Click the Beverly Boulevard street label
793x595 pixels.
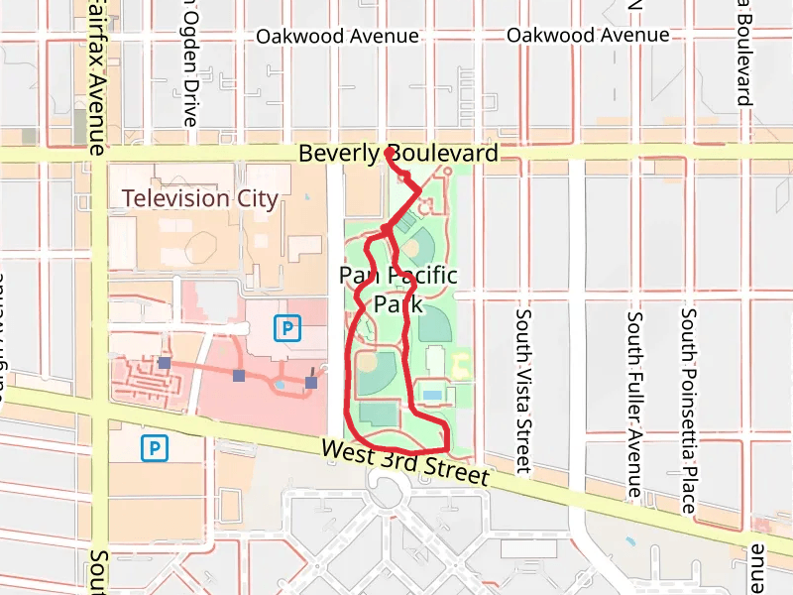pyautogui.click(x=397, y=154)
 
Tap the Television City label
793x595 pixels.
pyautogui.click(x=200, y=198)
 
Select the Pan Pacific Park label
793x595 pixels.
pyautogui.click(x=398, y=289)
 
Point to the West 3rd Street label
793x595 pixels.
pyautogui.click(x=405, y=462)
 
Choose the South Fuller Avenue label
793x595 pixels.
pyautogui.click(x=634, y=405)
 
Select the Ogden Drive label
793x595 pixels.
pyautogui.click(x=189, y=61)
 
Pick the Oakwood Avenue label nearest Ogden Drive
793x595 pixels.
pyautogui.click(x=337, y=36)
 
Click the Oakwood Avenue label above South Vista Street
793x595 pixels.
pyautogui.click(x=588, y=36)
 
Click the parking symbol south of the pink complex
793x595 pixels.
pyautogui.click(x=154, y=449)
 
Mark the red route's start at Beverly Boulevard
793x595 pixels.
pyautogui.click(x=387, y=152)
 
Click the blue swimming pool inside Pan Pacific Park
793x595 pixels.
pyautogui.click(x=432, y=395)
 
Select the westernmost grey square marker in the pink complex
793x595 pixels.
pyautogui.click(x=164, y=364)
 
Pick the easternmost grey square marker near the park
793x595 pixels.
pyautogui.click(x=311, y=382)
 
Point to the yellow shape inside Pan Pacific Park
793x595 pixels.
pyautogui.click(x=461, y=364)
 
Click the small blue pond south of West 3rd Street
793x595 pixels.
pyautogui.click(x=630, y=541)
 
